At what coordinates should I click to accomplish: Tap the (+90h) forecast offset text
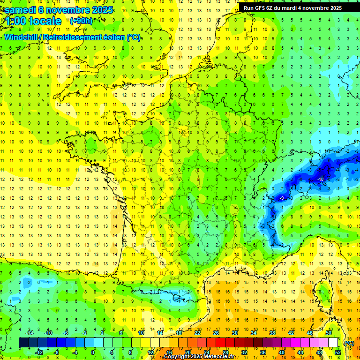pos(81,21)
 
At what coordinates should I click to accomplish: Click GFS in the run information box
pos(260,8)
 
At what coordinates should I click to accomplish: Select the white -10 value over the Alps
pos(321,180)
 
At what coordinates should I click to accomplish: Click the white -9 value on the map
pos(282,199)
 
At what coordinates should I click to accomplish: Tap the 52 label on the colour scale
pos(337,352)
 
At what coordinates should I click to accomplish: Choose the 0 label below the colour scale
pos(93,352)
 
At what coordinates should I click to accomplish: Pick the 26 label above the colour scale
pos(216,333)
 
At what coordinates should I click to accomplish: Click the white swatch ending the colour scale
pos(333,343)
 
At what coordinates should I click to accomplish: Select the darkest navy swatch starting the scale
pos(23,343)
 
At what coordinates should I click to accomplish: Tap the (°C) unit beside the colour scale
pos(349,343)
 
